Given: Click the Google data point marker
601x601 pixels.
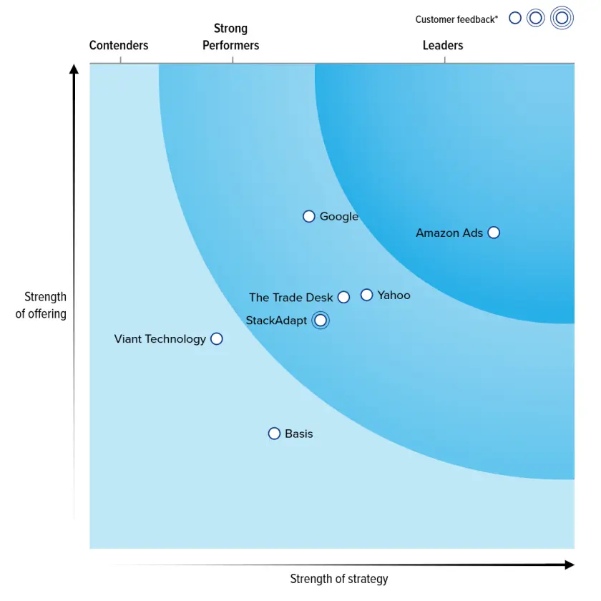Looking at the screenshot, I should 309,216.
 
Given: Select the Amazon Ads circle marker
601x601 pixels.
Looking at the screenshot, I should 494,233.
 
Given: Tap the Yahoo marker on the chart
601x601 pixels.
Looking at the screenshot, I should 367,295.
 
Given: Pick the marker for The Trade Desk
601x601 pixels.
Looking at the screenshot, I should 344,298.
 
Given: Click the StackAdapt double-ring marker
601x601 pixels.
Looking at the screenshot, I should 321,321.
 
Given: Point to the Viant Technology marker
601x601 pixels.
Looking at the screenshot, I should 217,339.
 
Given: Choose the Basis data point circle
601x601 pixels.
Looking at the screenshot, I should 274,434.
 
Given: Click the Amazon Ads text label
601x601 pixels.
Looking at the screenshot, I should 449,233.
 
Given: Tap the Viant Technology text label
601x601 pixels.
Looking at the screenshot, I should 160,339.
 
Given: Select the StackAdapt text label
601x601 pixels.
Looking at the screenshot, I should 276,321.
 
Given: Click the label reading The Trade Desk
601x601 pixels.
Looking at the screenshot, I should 290,298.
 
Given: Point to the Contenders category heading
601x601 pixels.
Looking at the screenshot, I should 119,46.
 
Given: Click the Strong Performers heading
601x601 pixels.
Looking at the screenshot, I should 230,37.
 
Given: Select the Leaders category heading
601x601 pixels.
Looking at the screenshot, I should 443,46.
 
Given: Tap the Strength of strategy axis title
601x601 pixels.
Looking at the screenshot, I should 339,579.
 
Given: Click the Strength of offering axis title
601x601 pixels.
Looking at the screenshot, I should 41,305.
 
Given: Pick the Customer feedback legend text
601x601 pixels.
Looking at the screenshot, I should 456,19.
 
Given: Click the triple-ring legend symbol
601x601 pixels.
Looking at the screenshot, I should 562,18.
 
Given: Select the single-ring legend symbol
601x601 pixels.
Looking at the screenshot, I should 515,18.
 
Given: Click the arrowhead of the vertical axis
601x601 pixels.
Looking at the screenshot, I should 74,69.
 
